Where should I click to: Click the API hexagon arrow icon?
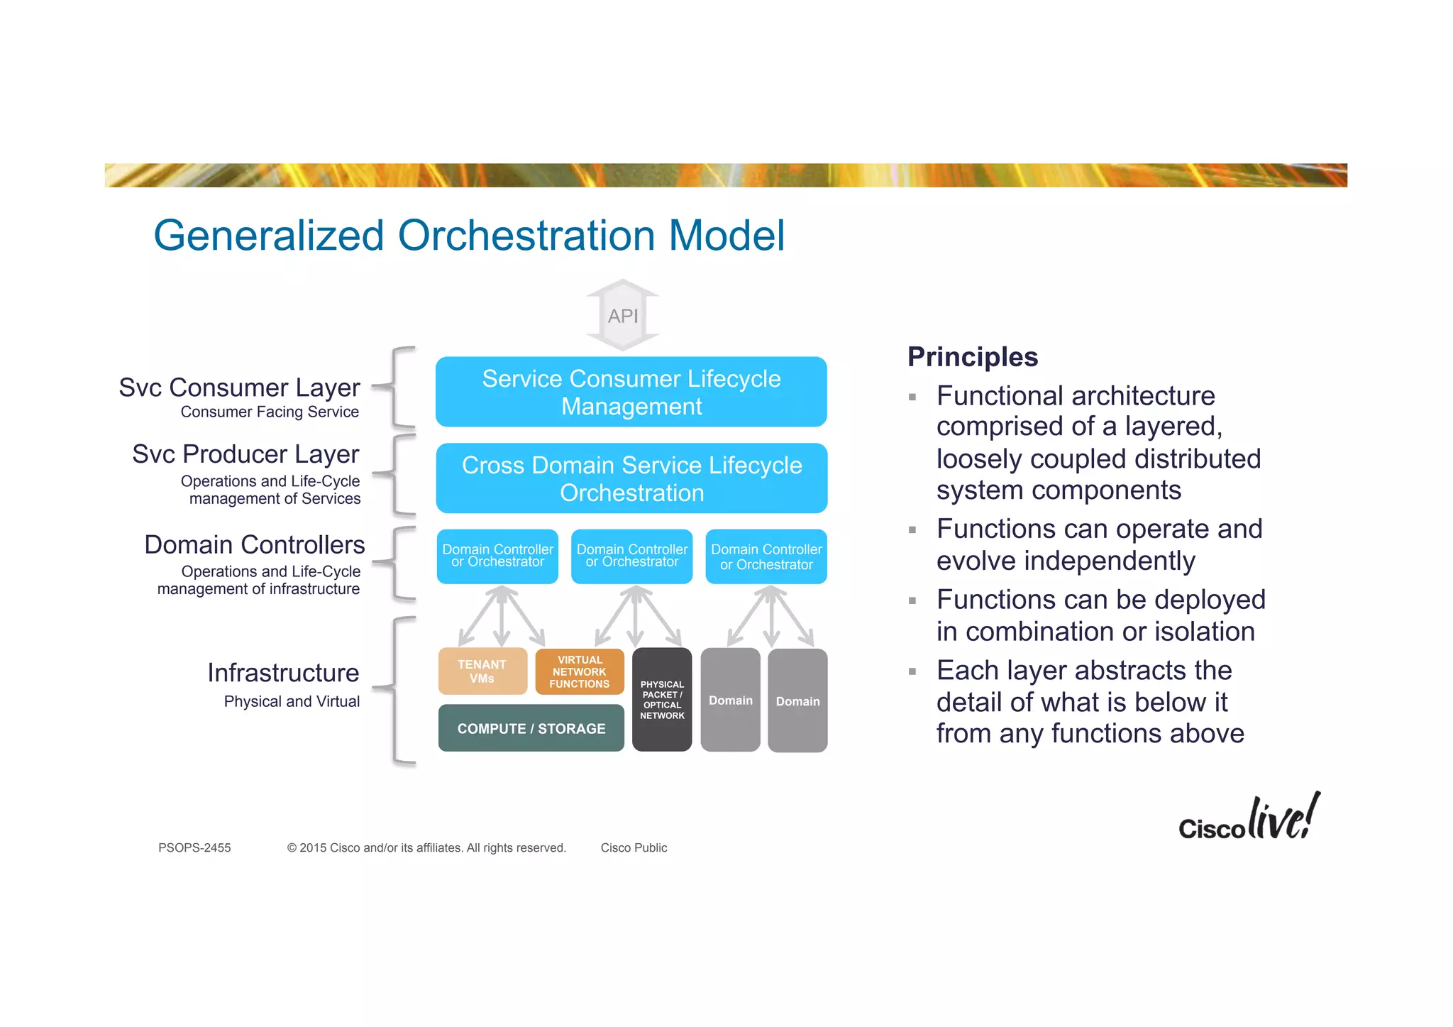coord(623,315)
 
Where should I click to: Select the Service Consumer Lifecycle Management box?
coord(631,392)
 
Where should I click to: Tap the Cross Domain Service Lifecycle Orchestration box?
coord(631,478)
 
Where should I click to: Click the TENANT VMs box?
coord(482,671)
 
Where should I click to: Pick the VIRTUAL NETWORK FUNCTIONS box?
coord(580,671)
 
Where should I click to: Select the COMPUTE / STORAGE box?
coord(531,728)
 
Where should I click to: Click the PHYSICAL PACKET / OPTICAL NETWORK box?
coord(662,700)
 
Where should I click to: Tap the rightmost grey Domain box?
coord(797,701)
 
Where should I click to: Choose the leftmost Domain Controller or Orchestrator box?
coord(497,556)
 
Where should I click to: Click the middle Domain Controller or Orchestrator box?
coord(631,556)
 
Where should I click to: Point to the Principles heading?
coord(972,356)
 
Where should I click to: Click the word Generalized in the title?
coord(269,236)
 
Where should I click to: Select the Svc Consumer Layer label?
coord(239,388)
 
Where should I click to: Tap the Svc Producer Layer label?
coord(245,454)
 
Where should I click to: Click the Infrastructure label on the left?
coord(283,673)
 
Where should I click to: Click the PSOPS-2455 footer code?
coord(194,847)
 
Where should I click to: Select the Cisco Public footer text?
coord(634,847)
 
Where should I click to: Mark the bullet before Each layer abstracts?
coord(912,671)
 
